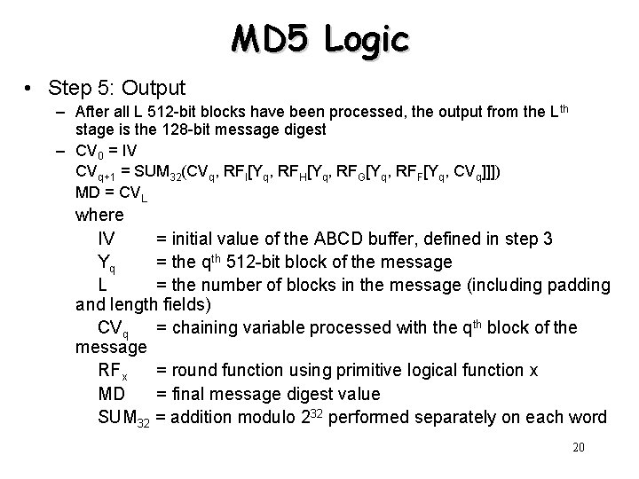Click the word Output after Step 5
[153, 88]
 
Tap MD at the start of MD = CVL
[87, 192]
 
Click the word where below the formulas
[100, 215]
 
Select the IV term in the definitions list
[106, 239]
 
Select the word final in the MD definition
[187, 394]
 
